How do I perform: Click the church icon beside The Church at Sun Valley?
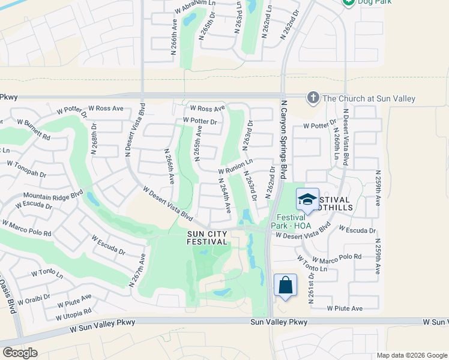tap(312, 98)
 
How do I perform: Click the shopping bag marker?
tap(286, 286)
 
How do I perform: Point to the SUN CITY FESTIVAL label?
tap(208, 238)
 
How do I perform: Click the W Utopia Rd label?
tap(73, 314)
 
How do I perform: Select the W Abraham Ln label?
tap(194, 7)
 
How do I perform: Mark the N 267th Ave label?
tap(139, 271)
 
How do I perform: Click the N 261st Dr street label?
tap(312, 289)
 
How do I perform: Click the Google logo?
tap(20, 353)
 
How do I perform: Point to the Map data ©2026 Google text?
tap(411, 355)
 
